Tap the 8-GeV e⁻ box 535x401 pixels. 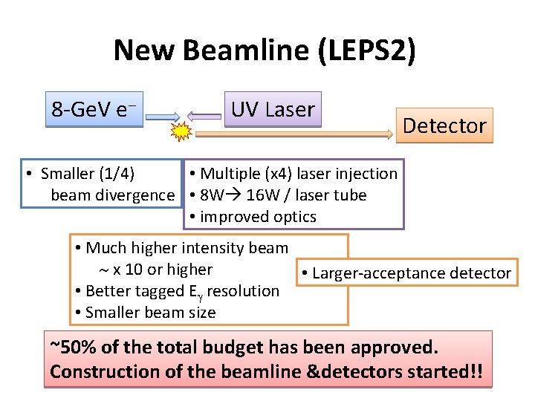(x=94, y=110)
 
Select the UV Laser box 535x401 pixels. (x=273, y=110)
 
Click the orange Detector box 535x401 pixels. (x=444, y=125)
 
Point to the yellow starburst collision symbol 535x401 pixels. (x=180, y=133)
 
